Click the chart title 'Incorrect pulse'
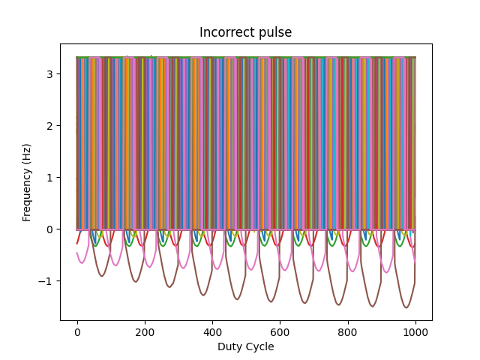pos(245,32)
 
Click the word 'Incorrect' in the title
pos(226,32)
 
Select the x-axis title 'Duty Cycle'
pos(245,346)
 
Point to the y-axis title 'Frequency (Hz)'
pos(27,182)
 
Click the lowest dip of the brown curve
pos(406,307)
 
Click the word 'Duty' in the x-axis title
pos(229,346)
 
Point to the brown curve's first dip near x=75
pos(102,276)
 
